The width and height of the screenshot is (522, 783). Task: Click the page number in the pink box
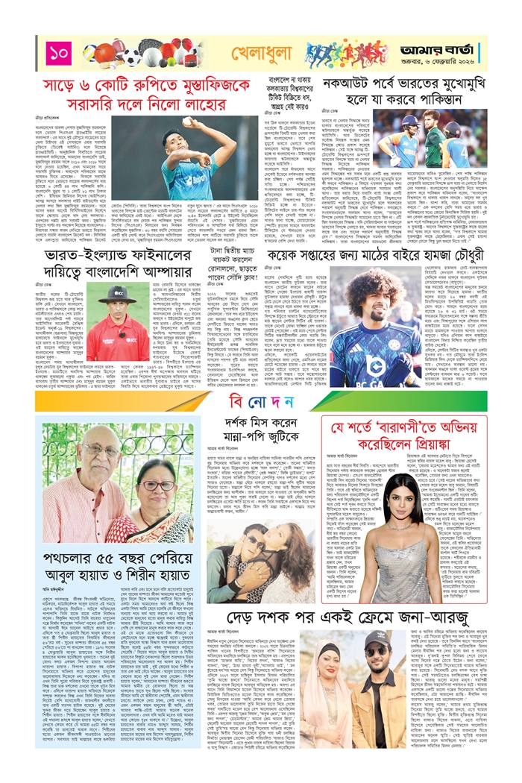click(59, 53)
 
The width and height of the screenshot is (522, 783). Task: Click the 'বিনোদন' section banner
click(260, 403)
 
